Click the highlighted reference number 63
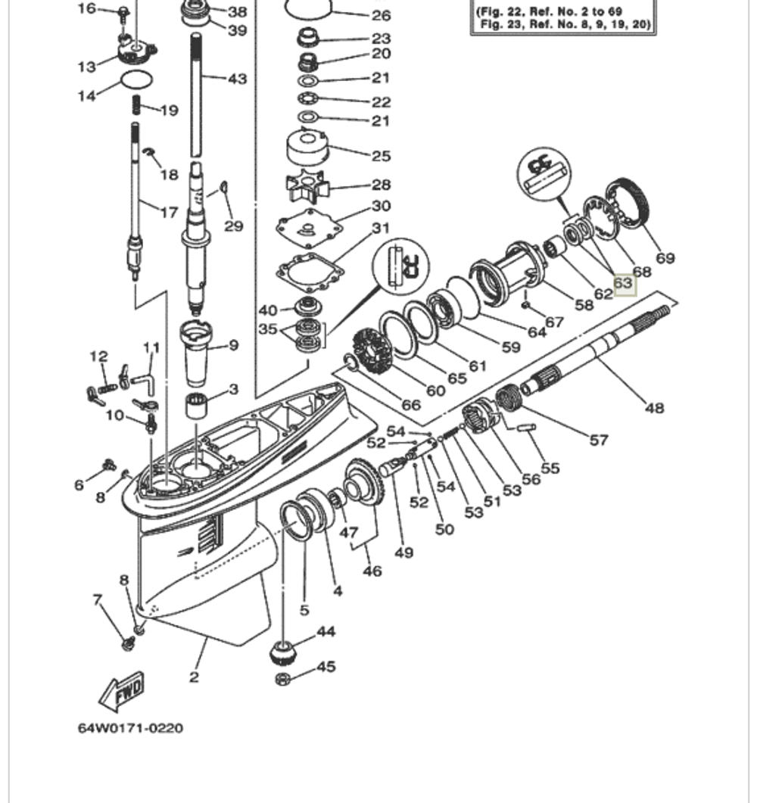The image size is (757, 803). [622, 284]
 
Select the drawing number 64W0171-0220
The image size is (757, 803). [130, 728]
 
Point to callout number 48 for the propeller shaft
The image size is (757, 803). [654, 408]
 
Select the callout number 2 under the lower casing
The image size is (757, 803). [194, 677]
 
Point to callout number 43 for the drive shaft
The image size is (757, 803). [237, 79]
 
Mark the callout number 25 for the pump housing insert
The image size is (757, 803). [381, 156]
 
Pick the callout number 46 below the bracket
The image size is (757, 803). [372, 571]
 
